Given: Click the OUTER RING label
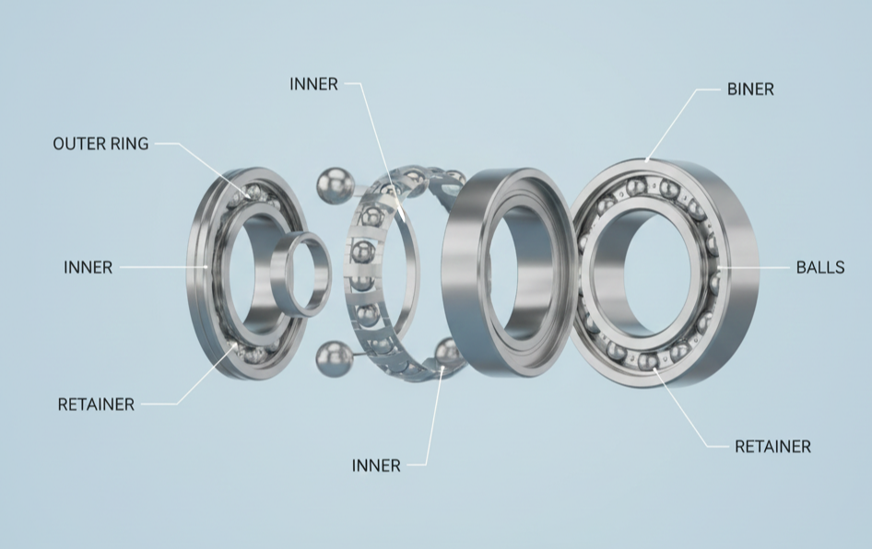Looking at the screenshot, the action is [x=100, y=144].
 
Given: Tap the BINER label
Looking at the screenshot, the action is [x=750, y=89].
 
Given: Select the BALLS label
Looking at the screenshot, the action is [x=820, y=267].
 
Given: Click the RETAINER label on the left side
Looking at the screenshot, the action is [x=96, y=404].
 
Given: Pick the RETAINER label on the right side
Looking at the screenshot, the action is [x=773, y=446].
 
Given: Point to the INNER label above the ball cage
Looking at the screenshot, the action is [x=313, y=84].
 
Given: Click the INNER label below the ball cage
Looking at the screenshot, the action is [x=376, y=465].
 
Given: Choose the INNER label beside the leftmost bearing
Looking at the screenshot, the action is [x=88, y=267].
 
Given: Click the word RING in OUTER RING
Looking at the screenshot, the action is [x=130, y=144].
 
